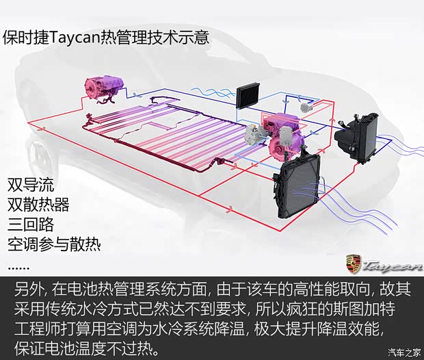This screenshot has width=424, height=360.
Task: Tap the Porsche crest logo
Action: (x=354, y=264)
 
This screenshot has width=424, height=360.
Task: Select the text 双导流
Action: (x=31, y=185)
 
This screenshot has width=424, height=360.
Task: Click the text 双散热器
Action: (x=38, y=205)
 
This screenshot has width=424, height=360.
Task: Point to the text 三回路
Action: (x=31, y=224)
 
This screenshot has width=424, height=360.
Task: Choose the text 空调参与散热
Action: (x=54, y=245)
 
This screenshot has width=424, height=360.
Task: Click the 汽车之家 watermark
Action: (x=405, y=352)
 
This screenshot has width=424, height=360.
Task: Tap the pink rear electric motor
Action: (x=104, y=87)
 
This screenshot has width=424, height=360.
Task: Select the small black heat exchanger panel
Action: (x=248, y=97)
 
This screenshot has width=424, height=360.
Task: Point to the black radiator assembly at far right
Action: (x=356, y=138)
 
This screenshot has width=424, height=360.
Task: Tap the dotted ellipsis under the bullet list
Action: (x=18, y=268)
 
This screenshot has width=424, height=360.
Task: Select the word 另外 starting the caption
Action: (x=29, y=290)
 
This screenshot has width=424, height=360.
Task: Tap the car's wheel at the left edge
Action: (x=42, y=156)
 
